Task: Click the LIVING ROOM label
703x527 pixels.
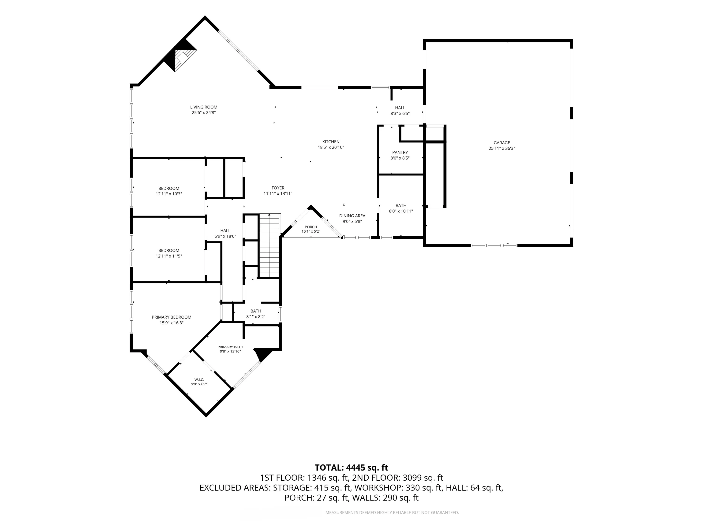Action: coord(204,107)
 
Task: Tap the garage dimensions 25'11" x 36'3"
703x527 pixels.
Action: coord(502,148)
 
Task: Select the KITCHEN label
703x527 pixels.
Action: coord(331,142)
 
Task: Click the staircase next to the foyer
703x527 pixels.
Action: coord(269,245)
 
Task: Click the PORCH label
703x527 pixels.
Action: coord(311,227)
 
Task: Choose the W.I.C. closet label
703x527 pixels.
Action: coord(199,380)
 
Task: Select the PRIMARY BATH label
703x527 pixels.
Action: coord(230,347)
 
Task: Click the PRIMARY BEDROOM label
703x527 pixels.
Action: coord(172,317)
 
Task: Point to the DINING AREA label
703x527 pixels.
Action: coord(352,216)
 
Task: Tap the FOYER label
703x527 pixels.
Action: coord(278,188)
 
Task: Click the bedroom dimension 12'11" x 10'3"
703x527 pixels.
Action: coord(169,194)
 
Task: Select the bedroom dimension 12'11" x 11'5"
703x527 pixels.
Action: coord(169,256)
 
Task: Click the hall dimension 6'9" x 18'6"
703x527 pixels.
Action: coord(225,236)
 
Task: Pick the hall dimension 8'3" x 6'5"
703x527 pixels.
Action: coord(400,113)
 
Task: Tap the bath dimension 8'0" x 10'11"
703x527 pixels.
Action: coord(401,211)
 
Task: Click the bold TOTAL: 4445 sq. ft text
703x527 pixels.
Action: coord(351,468)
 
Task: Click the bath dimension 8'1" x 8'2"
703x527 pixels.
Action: coord(256,317)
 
